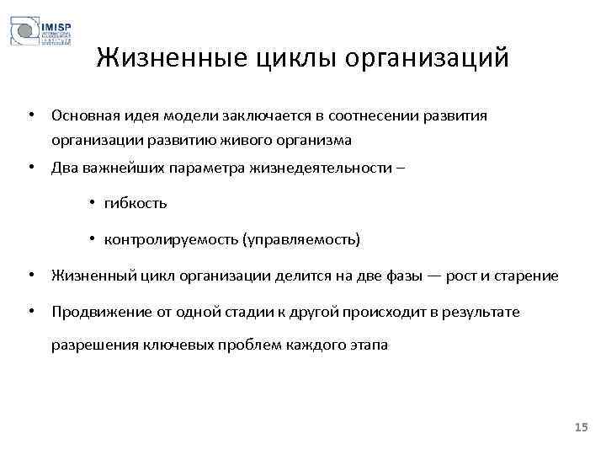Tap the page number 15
(x=580, y=429)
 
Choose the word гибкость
(x=136, y=203)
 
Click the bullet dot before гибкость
(x=93, y=203)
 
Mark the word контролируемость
(x=170, y=240)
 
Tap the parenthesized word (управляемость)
(x=300, y=240)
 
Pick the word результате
(x=481, y=312)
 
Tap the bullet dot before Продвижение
(x=29, y=312)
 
